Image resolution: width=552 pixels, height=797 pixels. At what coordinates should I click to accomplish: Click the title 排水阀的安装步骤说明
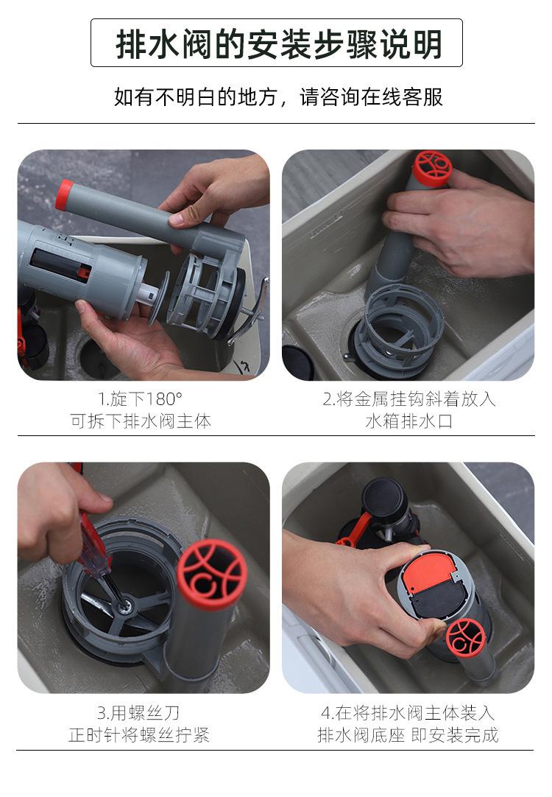278,43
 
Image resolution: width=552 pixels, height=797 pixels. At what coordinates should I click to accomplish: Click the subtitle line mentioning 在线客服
278,96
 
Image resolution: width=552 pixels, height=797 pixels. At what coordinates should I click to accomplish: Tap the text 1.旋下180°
140,398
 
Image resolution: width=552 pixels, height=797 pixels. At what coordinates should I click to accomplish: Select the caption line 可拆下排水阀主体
140,421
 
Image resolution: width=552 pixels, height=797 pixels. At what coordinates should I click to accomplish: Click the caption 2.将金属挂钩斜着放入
408,398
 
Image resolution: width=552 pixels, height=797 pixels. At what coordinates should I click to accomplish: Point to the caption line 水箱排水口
408,421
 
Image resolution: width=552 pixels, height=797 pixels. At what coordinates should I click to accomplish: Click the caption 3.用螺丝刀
138,712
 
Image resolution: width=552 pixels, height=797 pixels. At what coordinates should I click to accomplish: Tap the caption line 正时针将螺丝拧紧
138,735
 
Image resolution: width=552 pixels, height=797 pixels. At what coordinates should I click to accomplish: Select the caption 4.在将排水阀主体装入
408,712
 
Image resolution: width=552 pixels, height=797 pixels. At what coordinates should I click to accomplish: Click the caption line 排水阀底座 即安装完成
408,735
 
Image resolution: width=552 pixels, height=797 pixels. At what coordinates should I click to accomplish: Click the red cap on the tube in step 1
64,194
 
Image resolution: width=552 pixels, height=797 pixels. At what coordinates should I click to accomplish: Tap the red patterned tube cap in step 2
431,167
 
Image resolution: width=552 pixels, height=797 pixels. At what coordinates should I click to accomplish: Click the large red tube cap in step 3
212,574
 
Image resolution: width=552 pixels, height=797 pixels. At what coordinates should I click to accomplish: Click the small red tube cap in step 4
465,639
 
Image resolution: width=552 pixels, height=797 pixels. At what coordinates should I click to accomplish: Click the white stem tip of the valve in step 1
147,294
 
